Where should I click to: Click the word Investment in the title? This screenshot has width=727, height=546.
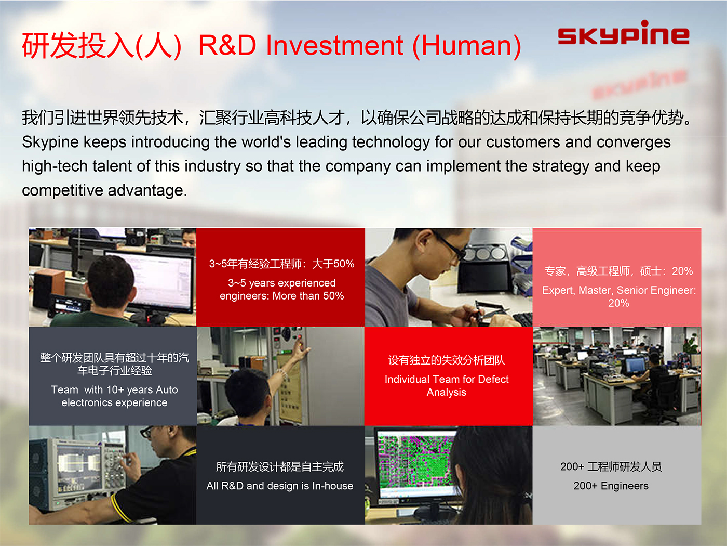coord(334,45)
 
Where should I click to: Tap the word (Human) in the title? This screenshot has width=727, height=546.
coord(467,46)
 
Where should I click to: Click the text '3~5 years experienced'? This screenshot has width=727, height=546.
coord(281,283)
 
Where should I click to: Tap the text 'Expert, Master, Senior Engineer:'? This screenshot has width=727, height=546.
coord(618,290)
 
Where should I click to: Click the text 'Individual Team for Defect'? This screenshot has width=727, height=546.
coord(447,379)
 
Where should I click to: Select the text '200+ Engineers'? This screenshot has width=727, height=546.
coord(611,486)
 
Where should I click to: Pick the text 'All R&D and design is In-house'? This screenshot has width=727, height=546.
coord(279,486)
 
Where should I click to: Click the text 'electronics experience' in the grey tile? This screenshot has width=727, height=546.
coord(114,402)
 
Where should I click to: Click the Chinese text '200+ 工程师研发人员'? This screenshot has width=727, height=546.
coord(611,466)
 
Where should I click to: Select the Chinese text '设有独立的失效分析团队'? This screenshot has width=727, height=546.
coord(447,360)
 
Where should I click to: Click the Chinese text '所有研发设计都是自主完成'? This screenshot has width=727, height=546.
coord(279,466)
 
